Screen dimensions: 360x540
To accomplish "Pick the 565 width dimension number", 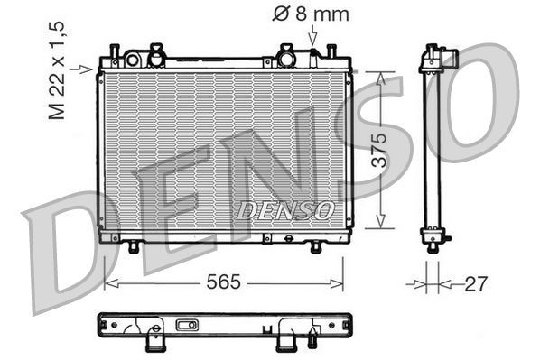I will click(223, 282).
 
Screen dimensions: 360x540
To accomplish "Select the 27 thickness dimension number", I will click(475, 282).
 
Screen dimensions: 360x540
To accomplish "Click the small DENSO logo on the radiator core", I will click(285, 210).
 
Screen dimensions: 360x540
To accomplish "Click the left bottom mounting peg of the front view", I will click(134, 246).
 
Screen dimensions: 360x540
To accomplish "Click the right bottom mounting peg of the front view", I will click(315, 246).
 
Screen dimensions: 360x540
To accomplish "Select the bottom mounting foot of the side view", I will click(433, 240).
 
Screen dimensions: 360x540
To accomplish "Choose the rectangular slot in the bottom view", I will click(188, 325).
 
